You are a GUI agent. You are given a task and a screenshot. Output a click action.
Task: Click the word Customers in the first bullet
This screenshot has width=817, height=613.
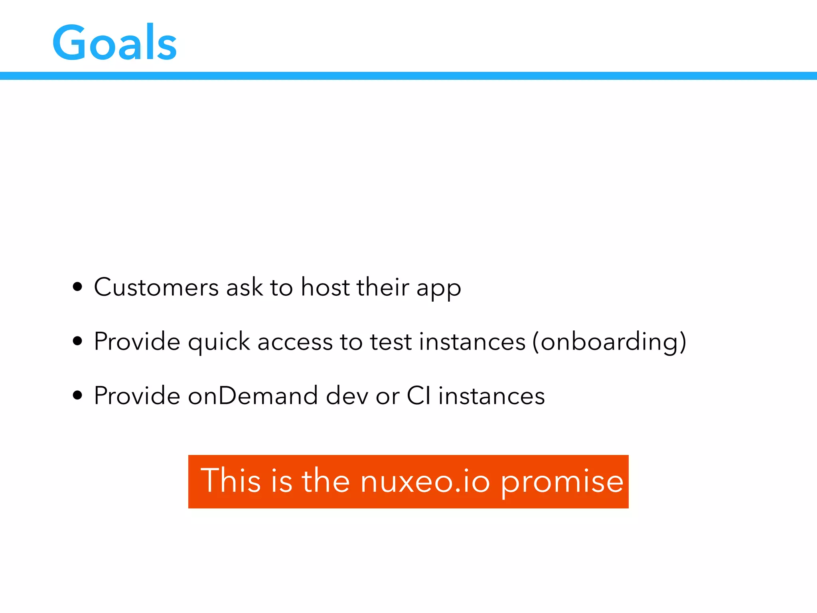(x=156, y=287)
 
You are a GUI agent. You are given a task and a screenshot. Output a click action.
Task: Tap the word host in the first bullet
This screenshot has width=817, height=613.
(x=325, y=287)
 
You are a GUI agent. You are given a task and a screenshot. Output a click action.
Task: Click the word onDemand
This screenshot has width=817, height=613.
(x=253, y=396)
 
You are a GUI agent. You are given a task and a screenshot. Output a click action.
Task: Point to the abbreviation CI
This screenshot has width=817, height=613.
(x=418, y=396)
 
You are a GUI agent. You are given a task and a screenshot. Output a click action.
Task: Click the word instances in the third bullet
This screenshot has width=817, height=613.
(x=491, y=396)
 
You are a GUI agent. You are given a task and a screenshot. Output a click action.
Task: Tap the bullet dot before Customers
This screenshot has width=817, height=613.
(x=78, y=287)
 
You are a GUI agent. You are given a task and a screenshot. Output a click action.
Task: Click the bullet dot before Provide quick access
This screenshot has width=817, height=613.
(x=78, y=341)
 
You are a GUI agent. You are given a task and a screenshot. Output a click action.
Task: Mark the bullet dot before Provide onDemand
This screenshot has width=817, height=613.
(x=78, y=395)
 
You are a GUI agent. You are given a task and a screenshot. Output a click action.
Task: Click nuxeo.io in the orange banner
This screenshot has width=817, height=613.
(x=425, y=481)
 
